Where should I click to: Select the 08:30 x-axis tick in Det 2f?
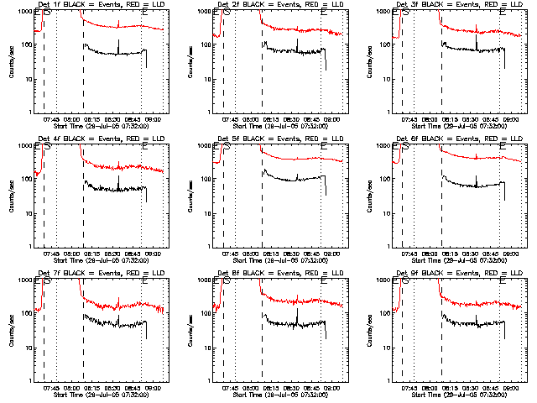pos(299,118)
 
